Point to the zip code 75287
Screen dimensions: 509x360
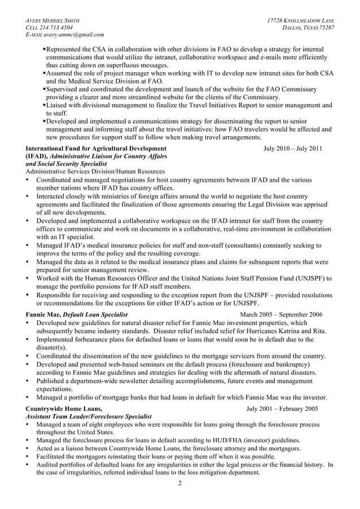[x=324, y=28]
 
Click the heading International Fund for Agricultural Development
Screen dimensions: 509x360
[x=96, y=149]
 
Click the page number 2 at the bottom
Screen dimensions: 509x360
[x=180, y=484]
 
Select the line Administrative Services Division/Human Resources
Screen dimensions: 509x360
[x=95, y=172]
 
